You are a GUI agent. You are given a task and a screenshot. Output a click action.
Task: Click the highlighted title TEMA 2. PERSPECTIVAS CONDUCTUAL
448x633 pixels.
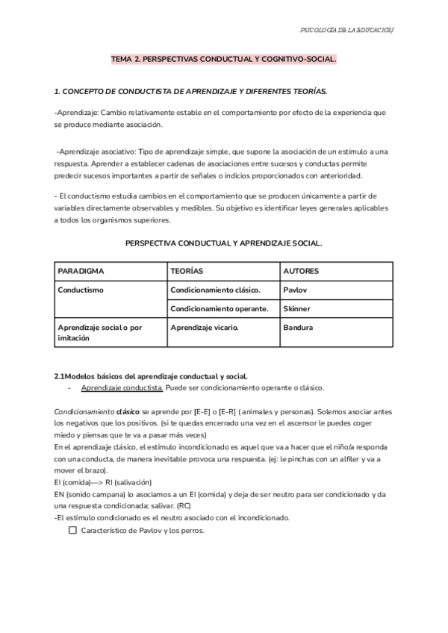(223, 57)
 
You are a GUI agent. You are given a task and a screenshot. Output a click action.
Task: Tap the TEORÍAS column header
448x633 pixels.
(187, 271)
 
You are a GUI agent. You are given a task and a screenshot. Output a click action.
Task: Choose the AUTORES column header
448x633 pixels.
(301, 271)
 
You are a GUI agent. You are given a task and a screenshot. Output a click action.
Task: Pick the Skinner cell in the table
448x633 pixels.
(296, 308)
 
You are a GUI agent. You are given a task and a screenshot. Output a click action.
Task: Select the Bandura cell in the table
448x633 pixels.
(298, 327)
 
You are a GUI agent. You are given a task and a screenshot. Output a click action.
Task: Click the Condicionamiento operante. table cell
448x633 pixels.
(220, 308)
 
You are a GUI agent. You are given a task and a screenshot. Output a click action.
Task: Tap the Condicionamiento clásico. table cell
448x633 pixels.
(215, 290)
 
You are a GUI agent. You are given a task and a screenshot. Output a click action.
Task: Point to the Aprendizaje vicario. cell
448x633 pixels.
(204, 327)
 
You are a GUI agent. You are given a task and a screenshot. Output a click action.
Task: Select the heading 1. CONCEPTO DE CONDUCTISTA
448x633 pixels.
(190, 91)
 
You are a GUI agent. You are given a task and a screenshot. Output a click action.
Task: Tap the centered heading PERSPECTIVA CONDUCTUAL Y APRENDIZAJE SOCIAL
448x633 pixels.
(223, 243)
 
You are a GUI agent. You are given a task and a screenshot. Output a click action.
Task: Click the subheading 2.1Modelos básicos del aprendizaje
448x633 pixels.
(151, 375)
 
